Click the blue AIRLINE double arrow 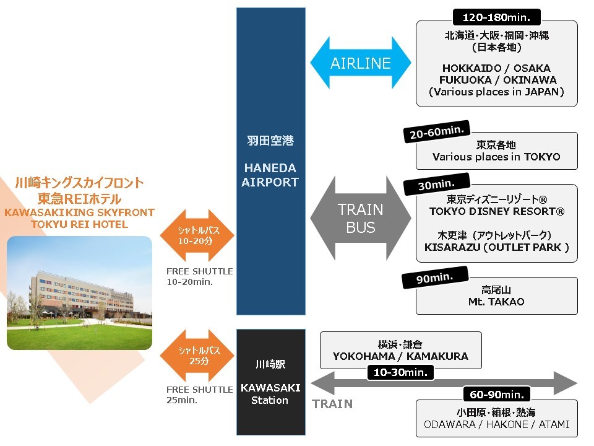pyautogui.click(x=360, y=63)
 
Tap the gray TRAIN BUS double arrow pyautogui.click(x=360, y=218)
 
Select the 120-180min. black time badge pyautogui.click(x=496, y=17)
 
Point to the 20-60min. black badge pyautogui.click(x=437, y=131)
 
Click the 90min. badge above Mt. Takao pyautogui.click(x=435, y=278)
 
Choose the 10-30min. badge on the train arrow pyautogui.click(x=400, y=372)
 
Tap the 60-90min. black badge pyautogui.click(x=497, y=395)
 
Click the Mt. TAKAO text pyautogui.click(x=496, y=302)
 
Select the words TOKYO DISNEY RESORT pyautogui.click(x=497, y=211)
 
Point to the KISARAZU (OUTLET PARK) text pyautogui.click(x=497, y=247)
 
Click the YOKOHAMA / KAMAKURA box pyautogui.click(x=401, y=351)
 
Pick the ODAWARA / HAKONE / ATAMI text pyautogui.click(x=497, y=424)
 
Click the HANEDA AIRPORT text pyautogui.click(x=270, y=175)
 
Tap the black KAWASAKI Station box pyautogui.click(x=271, y=382)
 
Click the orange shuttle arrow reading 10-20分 pyautogui.click(x=197, y=235)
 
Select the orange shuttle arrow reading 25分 pyautogui.click(x=197, y=356)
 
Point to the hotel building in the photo pyautogui.click(x=82, y=294)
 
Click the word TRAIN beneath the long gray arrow pyautogui.click(x=332, y=404)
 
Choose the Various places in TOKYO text pyautogui.click(x=496, y=157)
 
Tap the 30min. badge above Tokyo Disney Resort pyautogui.click(x=436, y=185)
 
